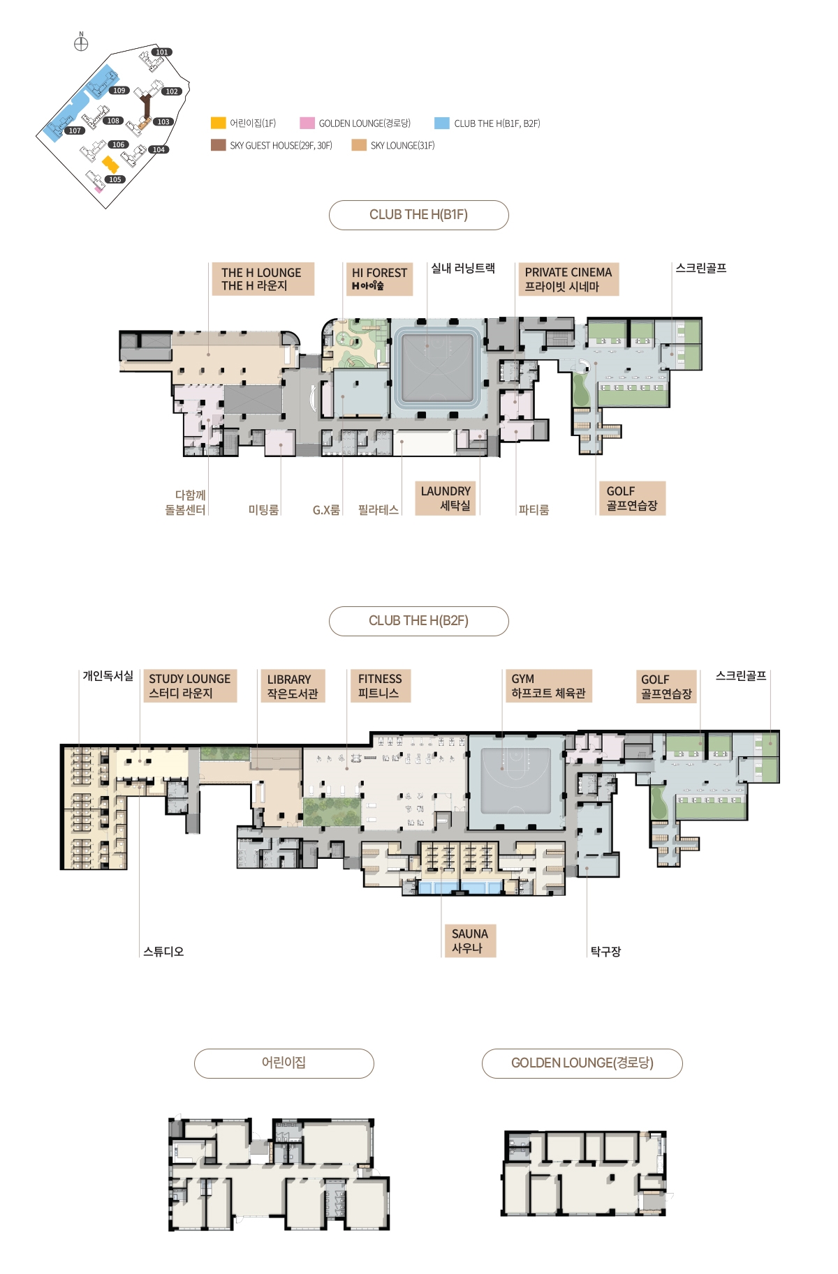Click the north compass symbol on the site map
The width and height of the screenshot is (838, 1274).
coord(81,44)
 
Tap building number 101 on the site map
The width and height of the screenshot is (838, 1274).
coord(162,52)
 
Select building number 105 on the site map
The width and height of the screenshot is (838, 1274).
coord(115,179)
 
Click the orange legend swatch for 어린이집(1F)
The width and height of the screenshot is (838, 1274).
coord(219,123)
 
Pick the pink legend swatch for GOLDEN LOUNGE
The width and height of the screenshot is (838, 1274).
coord(307,123)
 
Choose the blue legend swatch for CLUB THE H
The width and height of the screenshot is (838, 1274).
coord(441,123)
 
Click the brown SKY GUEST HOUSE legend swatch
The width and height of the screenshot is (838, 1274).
coord(219,145)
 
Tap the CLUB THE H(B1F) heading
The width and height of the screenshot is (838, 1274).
coord(419,215)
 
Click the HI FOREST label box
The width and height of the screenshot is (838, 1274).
coord(379,279)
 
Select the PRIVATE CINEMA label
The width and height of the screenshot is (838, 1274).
coord(568,279)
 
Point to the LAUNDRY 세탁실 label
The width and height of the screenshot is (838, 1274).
coord(446,498)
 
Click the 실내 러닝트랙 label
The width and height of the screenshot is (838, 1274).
coord(463,268)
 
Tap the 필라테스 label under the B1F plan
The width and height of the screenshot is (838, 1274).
coord(378,510)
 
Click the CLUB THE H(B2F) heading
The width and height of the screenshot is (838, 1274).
coord(419,621)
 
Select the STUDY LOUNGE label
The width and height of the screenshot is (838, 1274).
coord(190,686)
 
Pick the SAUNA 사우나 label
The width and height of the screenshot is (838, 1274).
coord(470,940)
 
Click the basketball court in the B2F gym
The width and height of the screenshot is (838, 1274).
coord(515,781)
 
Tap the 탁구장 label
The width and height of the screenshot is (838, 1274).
coord(605,952)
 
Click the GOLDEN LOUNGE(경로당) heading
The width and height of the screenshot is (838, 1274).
coord(582,1063)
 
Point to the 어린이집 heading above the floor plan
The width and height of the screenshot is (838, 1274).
coord(284,1063)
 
